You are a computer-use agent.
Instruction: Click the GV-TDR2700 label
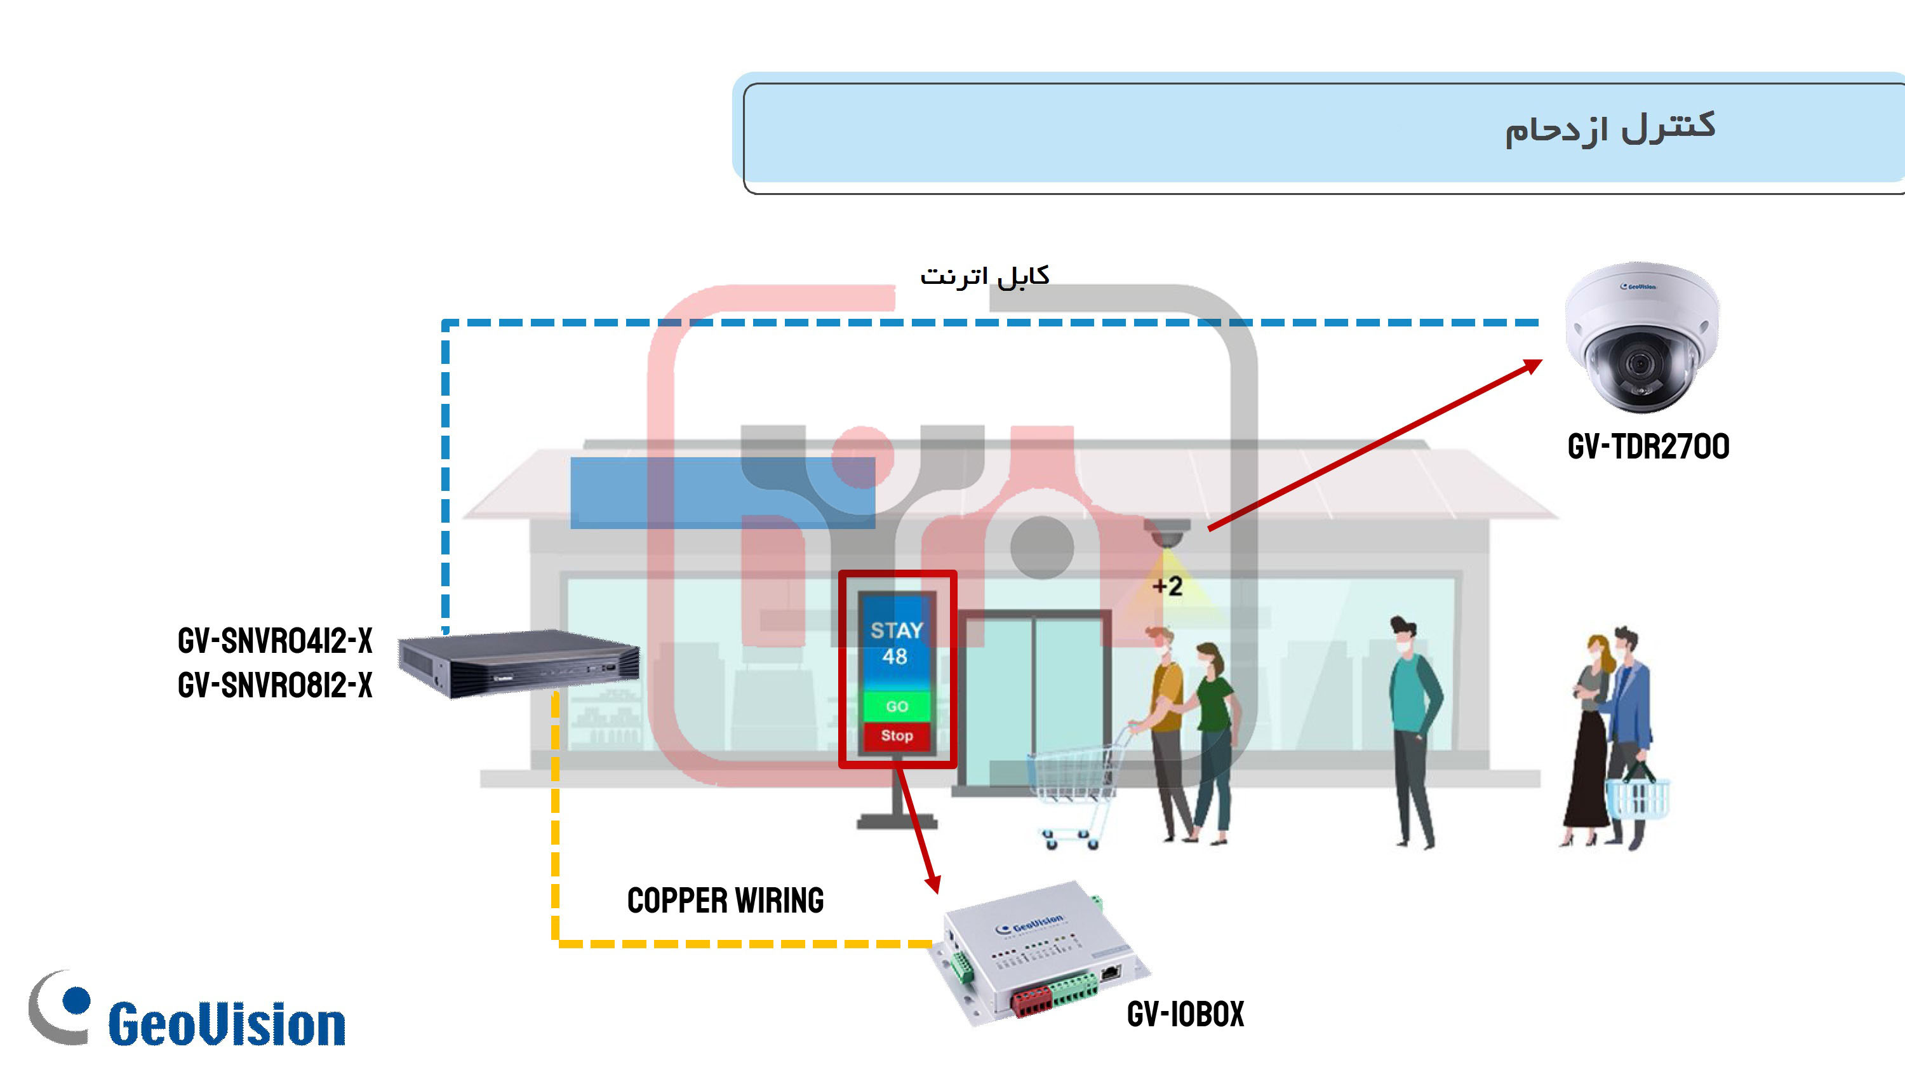1648,447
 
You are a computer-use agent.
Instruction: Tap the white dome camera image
1641,337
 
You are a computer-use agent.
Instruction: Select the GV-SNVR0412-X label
275,641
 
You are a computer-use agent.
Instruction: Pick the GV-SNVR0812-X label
275,685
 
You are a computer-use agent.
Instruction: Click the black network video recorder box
518,663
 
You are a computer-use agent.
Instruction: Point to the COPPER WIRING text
725,901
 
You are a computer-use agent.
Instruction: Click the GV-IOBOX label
1186,1014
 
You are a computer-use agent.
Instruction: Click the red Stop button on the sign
896,736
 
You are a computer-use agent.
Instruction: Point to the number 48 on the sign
895,656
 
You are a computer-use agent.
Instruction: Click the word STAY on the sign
896,631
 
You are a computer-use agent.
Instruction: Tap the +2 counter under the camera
1168,587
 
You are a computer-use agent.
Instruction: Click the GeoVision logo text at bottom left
226,1024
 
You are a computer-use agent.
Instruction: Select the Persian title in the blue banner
1610,129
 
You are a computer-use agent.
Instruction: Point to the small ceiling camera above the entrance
1166,533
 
